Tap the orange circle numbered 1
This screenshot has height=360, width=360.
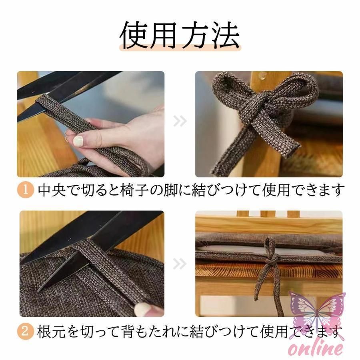point(25,190)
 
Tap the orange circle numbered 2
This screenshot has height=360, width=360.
point(25,332)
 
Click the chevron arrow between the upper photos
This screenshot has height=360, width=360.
point(180,121)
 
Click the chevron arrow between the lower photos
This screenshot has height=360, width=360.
point(180,263)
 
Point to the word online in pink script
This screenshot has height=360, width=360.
point(316,349)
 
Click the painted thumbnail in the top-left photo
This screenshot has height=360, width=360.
point(78,140)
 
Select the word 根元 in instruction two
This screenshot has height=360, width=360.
point(52,332)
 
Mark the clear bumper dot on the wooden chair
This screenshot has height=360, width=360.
point(262,74)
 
